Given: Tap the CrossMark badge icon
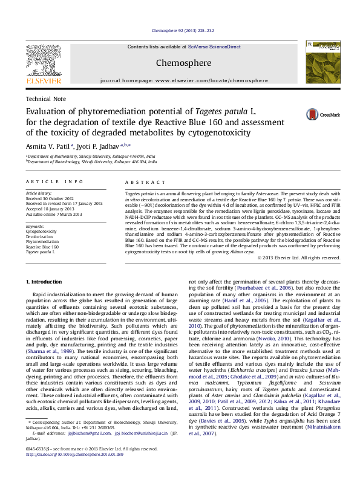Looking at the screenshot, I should point(312,114).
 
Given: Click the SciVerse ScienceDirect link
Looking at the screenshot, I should point(215,47).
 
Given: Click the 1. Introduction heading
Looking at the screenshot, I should point(47,282).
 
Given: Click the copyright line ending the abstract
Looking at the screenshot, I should point(299,258).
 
